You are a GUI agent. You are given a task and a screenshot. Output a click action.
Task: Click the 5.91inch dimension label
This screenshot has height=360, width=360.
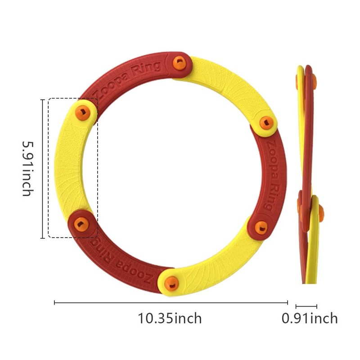(x=27, y=168)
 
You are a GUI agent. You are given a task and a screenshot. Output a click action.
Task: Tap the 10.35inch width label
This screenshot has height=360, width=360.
(x=170, y=319)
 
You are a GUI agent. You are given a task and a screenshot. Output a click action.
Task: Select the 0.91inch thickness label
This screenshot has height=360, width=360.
(x=310, y=319)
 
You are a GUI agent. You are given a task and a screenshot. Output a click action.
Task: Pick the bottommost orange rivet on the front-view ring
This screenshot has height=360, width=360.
(x=170, y=283)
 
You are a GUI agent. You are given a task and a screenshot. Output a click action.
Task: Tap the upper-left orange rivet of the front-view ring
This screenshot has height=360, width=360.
(x=82, y=111)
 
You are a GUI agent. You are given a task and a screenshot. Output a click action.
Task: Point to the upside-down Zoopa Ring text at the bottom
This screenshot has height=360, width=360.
(x=119, y=261)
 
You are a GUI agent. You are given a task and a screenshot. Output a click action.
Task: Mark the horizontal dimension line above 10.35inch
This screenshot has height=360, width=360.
(x=171, y=303)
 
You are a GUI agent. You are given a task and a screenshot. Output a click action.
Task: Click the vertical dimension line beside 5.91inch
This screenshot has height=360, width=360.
(x=42, y=168)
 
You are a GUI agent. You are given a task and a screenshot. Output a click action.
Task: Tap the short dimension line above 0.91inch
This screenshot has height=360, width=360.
(x=306, y=306)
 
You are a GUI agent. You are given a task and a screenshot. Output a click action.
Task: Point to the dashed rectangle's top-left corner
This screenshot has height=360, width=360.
(x=49, y=99)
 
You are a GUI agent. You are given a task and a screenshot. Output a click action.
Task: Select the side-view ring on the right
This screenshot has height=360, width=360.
(x=308, y=175)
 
